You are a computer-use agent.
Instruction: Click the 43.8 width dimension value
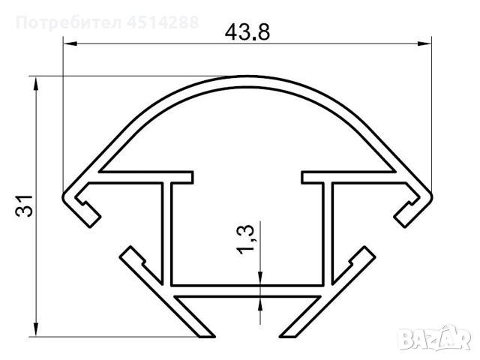pyautogui.click(x=247, y=32)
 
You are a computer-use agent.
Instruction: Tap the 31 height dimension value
pyautogui.click(x=24, y=205)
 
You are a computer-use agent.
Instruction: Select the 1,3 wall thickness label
pyautogui.click(x=245, y=240)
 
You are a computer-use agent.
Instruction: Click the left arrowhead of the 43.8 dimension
pyautogui.click(x=70, y=43)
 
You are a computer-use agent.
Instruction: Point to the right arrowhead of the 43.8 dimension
pyautogui.click(x=424, y=43)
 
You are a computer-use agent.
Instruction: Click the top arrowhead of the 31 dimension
pyautogui.click(x=36, y=82)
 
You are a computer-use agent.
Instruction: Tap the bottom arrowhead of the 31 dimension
pyautogui.click(x=36, y=330)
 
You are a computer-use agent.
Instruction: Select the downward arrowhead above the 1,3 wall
pyautogui.click(x=260, y=278)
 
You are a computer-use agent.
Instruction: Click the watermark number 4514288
pyautogui.click(x=163, y=22)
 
